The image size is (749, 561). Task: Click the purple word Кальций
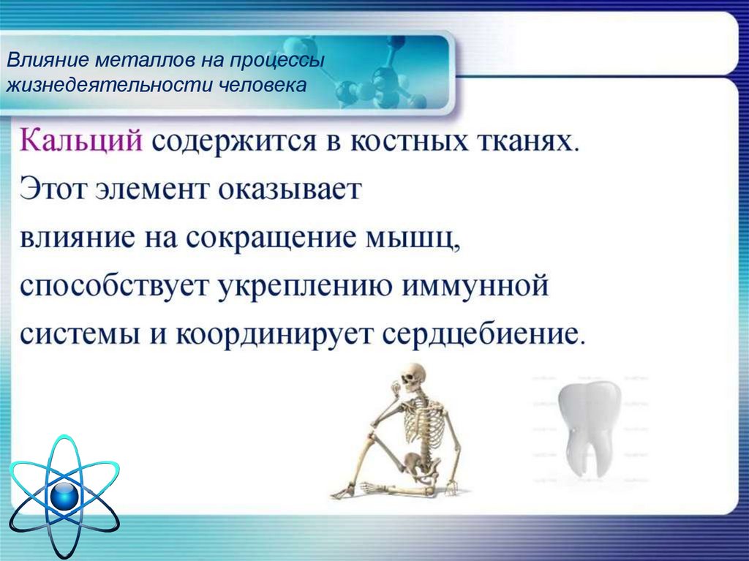(x=81, y=141)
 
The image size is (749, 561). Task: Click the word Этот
(x=54, y=189)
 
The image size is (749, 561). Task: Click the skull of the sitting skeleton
(x=413, y=375)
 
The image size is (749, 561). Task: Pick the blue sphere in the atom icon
(x=64, y=497)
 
